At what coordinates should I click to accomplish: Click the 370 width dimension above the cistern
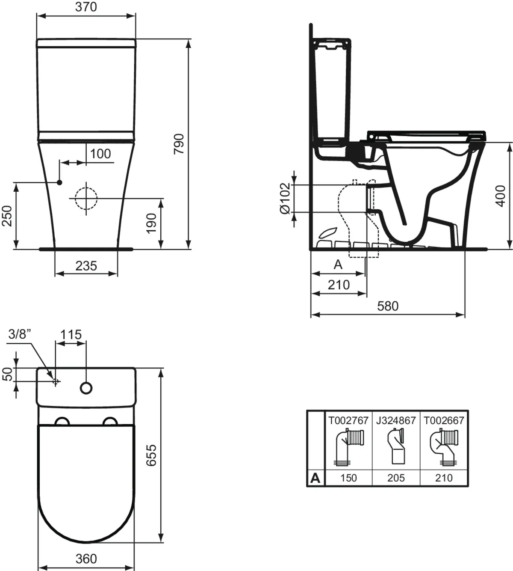[86, 7]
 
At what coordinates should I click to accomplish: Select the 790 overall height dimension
[179, 144]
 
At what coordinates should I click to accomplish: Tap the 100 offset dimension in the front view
[100, 154]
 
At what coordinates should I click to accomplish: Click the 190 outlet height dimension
[152, 223]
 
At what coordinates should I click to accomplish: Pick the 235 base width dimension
[86, 266]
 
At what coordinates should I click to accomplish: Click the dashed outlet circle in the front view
[86, 198]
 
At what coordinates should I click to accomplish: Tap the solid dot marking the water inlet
[59, 183]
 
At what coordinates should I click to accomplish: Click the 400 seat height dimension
[501, 196]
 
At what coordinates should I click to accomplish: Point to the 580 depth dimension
[388, 306]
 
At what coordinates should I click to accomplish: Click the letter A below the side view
[338, 265]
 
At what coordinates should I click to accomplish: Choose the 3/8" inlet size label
[20, 334]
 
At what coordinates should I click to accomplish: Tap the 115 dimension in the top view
[71, 334]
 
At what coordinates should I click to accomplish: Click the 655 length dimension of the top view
[151, 455]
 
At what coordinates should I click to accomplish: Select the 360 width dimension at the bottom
[86, 559]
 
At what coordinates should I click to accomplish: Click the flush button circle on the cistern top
[86, 388]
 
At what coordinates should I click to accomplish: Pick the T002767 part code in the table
[348, 420]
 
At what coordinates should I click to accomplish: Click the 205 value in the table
[396, 478]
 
